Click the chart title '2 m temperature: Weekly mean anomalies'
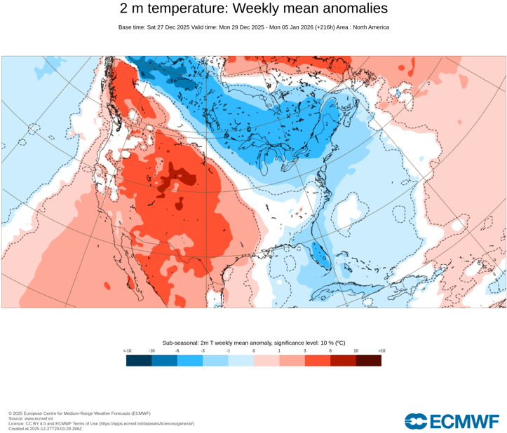[253, 8]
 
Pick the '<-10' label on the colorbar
[127, 350]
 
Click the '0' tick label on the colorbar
[254, 350]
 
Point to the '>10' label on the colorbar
[381, 350]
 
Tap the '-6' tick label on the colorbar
[177, 350]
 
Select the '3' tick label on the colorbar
[304, 350]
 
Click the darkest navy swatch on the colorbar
[139, 360]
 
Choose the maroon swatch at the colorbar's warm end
[368, 360]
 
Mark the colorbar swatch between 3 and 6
[317, 360]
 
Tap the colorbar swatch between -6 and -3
[190, 360]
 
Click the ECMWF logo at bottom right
[452, 421]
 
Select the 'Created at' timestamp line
[45, 428]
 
